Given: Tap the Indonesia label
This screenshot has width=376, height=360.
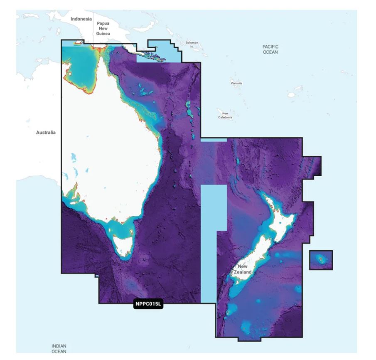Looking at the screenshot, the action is pos(81,19).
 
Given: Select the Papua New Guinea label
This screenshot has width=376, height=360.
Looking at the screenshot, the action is pos(103,29).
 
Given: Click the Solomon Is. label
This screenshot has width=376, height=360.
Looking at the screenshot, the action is pos(192,44).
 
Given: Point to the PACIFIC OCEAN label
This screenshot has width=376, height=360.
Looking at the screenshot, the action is pos(270,49).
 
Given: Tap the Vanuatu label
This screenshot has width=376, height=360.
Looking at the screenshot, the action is pos(236,83).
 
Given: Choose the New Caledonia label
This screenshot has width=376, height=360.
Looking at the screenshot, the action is pos(225,115).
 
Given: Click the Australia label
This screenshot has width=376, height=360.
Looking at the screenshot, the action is pos(46,133).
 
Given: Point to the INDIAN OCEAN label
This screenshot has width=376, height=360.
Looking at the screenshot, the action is pos(59,348).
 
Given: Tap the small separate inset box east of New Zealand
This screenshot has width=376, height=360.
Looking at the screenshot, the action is pos(321,260).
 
